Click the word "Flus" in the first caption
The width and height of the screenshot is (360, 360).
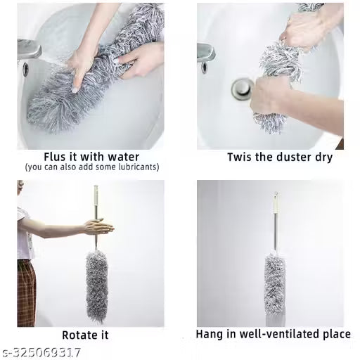[x=56, y=156]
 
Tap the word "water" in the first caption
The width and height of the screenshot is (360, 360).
[x=122, y=156]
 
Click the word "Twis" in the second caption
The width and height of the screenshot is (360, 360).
[x=240, y=157]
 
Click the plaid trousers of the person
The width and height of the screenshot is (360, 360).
[x=26, y=285]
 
